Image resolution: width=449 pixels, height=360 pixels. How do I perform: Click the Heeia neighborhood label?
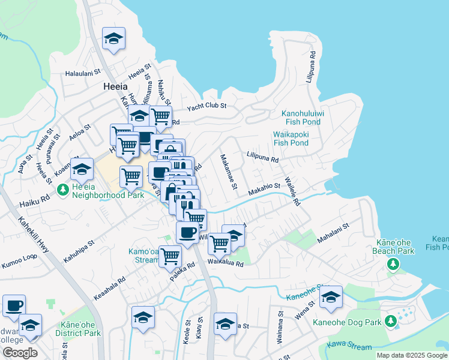114,86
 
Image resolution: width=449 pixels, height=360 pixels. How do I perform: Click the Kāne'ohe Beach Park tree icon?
393,264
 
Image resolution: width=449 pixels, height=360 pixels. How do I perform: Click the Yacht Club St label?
206,107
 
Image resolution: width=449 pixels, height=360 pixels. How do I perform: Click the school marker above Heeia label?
113,39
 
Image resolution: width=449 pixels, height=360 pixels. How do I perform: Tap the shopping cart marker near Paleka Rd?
170,256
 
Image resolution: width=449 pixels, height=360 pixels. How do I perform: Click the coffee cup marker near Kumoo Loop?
14,305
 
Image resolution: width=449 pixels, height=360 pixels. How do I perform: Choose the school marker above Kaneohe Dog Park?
331,297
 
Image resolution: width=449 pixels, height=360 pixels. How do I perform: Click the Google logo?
20,353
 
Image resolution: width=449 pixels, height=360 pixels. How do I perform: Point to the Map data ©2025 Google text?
412,355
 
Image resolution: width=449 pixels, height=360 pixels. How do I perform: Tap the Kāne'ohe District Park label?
78,329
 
